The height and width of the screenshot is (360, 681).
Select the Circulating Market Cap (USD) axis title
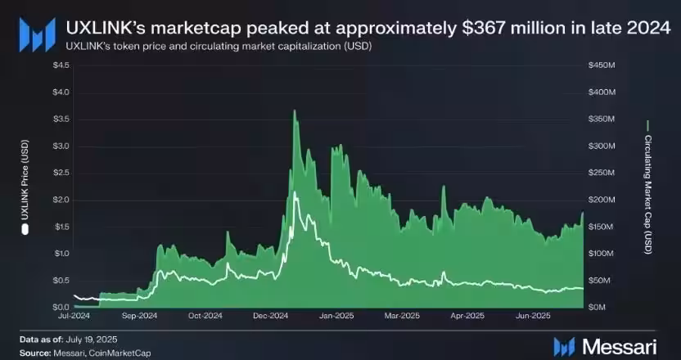[647, 185]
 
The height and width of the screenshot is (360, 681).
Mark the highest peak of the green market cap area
[294, 111]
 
